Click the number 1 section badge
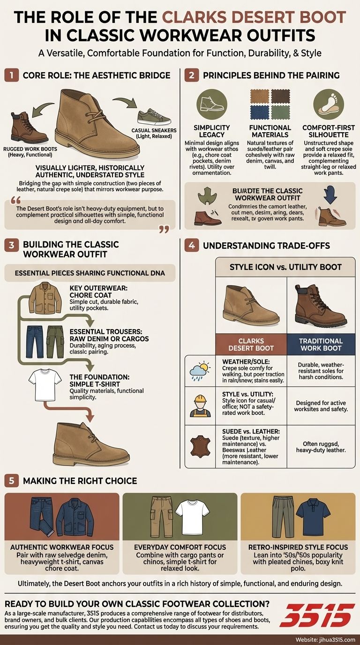pyautogui.click(x=11, y=75)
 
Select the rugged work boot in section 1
pyautogui.click(x=29, y=128)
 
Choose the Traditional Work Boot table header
pyautogui.click(x=321, y=345)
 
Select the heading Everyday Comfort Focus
pyautogui.click(x=180, y=547)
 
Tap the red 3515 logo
pyautogui.click(x=317, y=615)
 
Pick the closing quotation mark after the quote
pyautogui.click(x=164, y=229)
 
